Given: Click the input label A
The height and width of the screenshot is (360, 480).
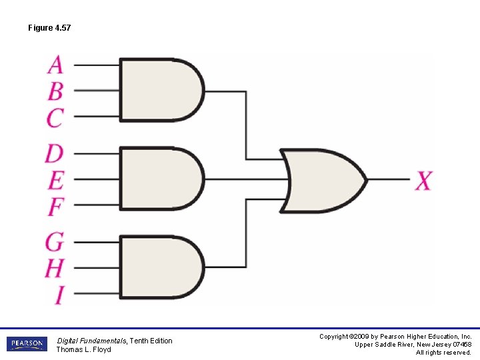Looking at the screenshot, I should pos(55,65).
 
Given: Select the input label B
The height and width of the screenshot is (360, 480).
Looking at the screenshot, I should pos(55,90).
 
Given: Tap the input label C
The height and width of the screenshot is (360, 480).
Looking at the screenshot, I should pos(55,117).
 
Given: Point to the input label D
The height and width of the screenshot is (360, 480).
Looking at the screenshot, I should pos(54,153).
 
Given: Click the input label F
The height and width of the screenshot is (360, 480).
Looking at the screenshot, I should pos(55,207).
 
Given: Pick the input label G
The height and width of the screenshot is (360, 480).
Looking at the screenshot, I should pos(55,241).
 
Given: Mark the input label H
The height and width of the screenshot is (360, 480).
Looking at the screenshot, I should pos(55,268).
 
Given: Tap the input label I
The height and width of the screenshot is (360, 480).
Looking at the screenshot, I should pos(59,294).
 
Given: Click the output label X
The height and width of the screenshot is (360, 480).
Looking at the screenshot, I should pos(424,180).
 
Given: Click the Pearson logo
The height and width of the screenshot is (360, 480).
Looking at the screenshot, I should pos(27,344).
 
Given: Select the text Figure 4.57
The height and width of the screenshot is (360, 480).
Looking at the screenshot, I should pos(49,28).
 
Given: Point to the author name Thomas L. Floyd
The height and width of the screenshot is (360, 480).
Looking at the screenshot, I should pos(83,349).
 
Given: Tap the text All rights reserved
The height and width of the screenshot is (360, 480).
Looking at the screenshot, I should pos(443,352).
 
